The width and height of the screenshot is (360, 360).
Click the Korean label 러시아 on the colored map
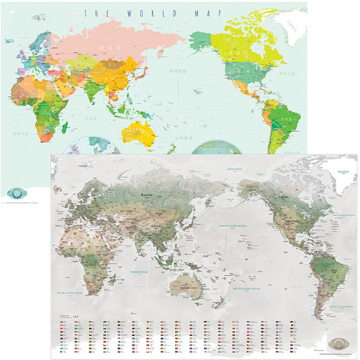(108, 48)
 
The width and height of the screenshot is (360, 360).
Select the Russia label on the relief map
(146, 195)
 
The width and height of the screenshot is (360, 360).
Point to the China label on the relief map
(157, 225)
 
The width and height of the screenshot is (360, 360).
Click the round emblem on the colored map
(18, 194)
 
